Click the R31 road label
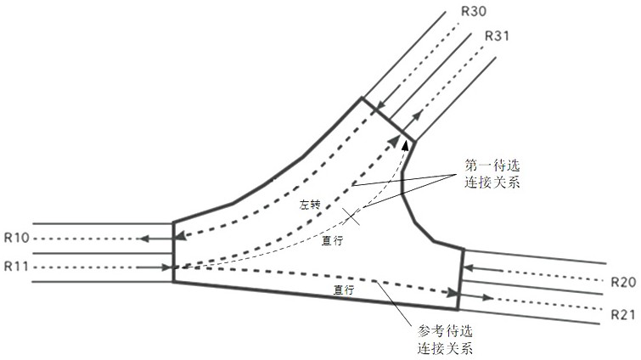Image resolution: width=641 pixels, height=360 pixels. (x=497, y=36)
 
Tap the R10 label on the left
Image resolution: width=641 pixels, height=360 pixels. (x=17, y=239)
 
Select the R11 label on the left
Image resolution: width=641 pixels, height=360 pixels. (x=17, y=267)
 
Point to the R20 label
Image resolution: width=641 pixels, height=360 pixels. (x=622, y=282)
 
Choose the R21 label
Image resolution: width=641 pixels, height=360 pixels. (x=622, y=314)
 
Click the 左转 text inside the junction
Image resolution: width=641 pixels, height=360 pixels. (x=309, y=205)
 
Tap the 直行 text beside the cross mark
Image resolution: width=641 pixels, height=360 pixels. (x=332, y=240)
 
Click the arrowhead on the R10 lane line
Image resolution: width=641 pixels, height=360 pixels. (x=147, y=239)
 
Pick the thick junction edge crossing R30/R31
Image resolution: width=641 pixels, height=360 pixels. (x=388, y=119)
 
